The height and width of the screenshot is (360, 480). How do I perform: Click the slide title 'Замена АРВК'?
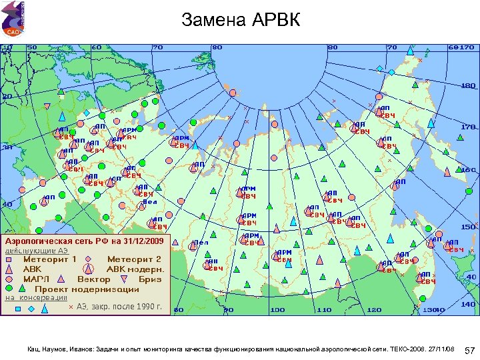point(241,21)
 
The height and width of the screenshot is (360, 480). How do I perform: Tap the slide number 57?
point(469,350)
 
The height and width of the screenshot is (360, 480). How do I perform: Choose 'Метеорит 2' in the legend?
point(134,259)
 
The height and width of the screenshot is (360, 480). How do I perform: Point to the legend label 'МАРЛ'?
point(37,279)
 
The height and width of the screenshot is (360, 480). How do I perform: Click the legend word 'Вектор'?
point(93,279)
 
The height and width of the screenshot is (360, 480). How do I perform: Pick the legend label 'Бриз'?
point(150,279)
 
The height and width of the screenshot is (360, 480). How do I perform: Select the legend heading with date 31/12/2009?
point(84,239)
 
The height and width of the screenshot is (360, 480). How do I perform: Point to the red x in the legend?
point(71,307)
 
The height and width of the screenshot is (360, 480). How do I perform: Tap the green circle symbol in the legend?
point(9,289)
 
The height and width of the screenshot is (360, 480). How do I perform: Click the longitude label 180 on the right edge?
point(469,86)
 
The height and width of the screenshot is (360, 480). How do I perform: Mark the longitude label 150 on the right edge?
point(469,227)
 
